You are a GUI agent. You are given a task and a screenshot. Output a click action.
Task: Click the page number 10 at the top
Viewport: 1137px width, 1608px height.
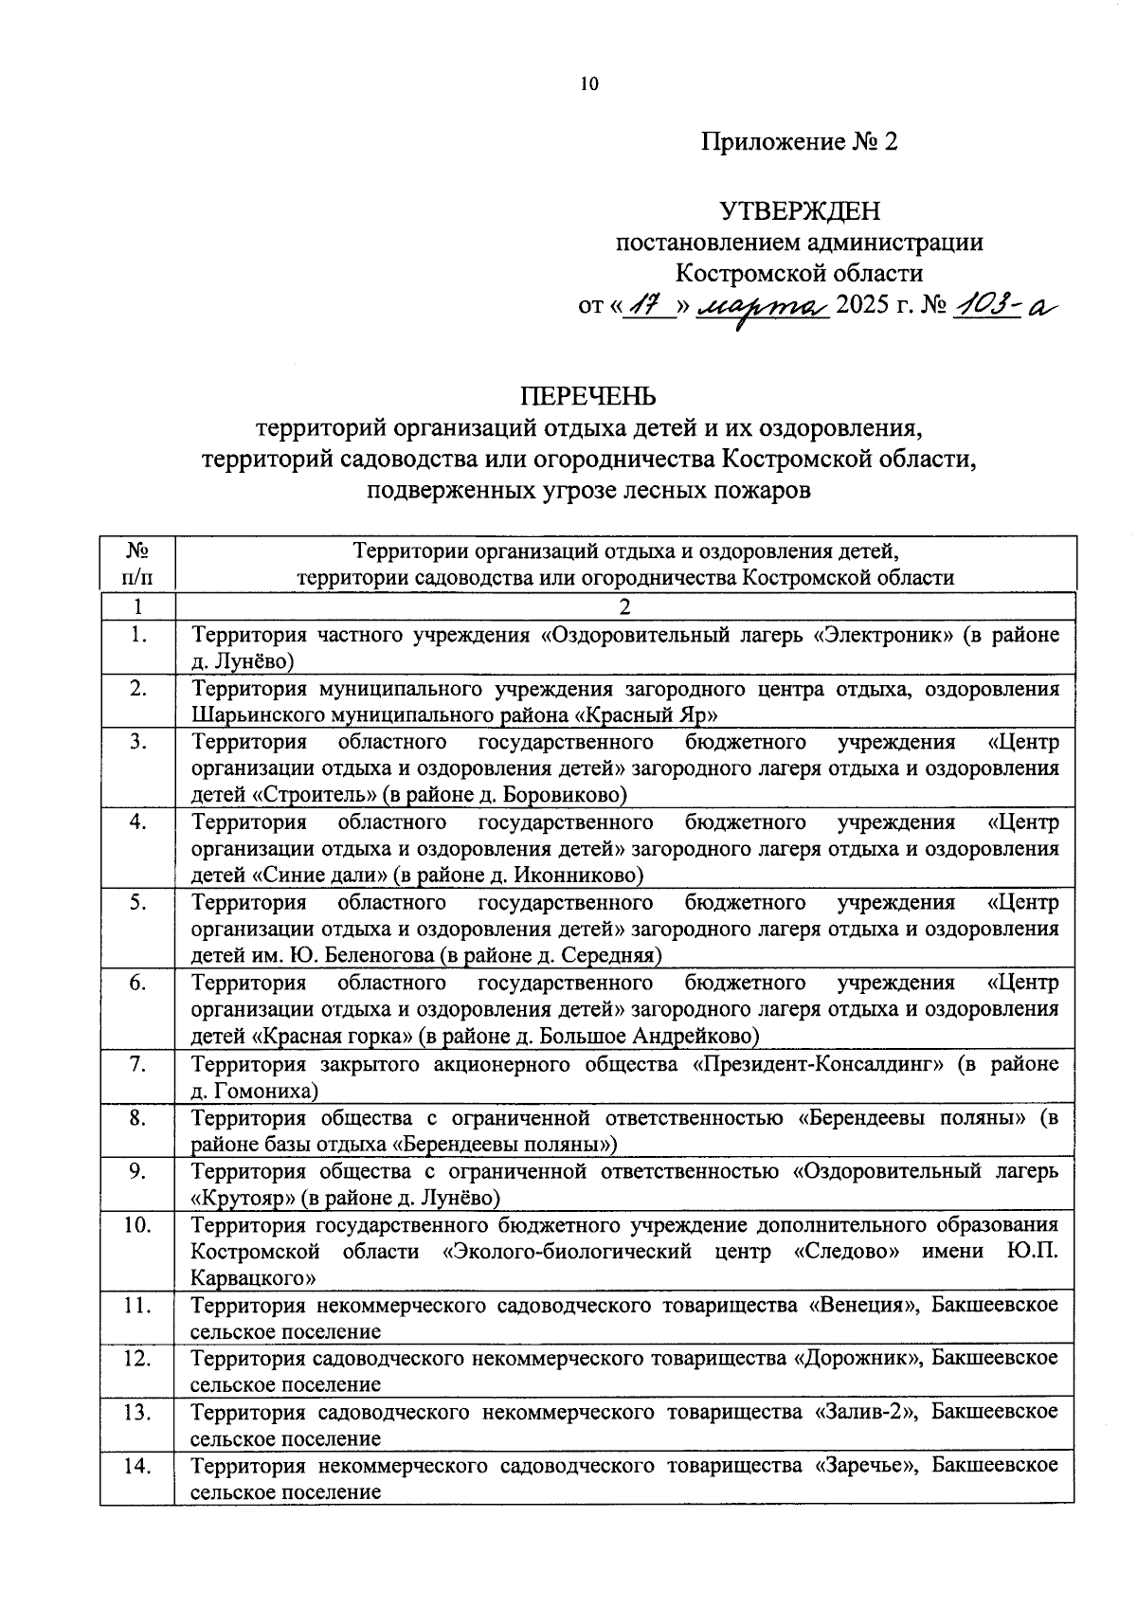click(x=589, y=84)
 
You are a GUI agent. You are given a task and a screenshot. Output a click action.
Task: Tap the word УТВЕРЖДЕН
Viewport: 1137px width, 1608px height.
click(x=800, y=209)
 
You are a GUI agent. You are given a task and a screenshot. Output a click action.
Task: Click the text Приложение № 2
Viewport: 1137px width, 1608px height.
click(x=799, y=142)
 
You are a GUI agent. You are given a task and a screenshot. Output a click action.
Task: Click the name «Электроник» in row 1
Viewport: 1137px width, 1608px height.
click(x=883, y=635)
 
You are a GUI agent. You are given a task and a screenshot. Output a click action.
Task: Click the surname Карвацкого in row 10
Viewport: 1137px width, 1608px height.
click(x=253, y=1277)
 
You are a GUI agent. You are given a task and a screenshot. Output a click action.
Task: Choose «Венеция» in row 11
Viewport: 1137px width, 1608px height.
click(x=864, y=1305)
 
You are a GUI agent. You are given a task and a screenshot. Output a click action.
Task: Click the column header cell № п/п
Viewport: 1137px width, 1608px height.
click(x=138, y=564)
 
